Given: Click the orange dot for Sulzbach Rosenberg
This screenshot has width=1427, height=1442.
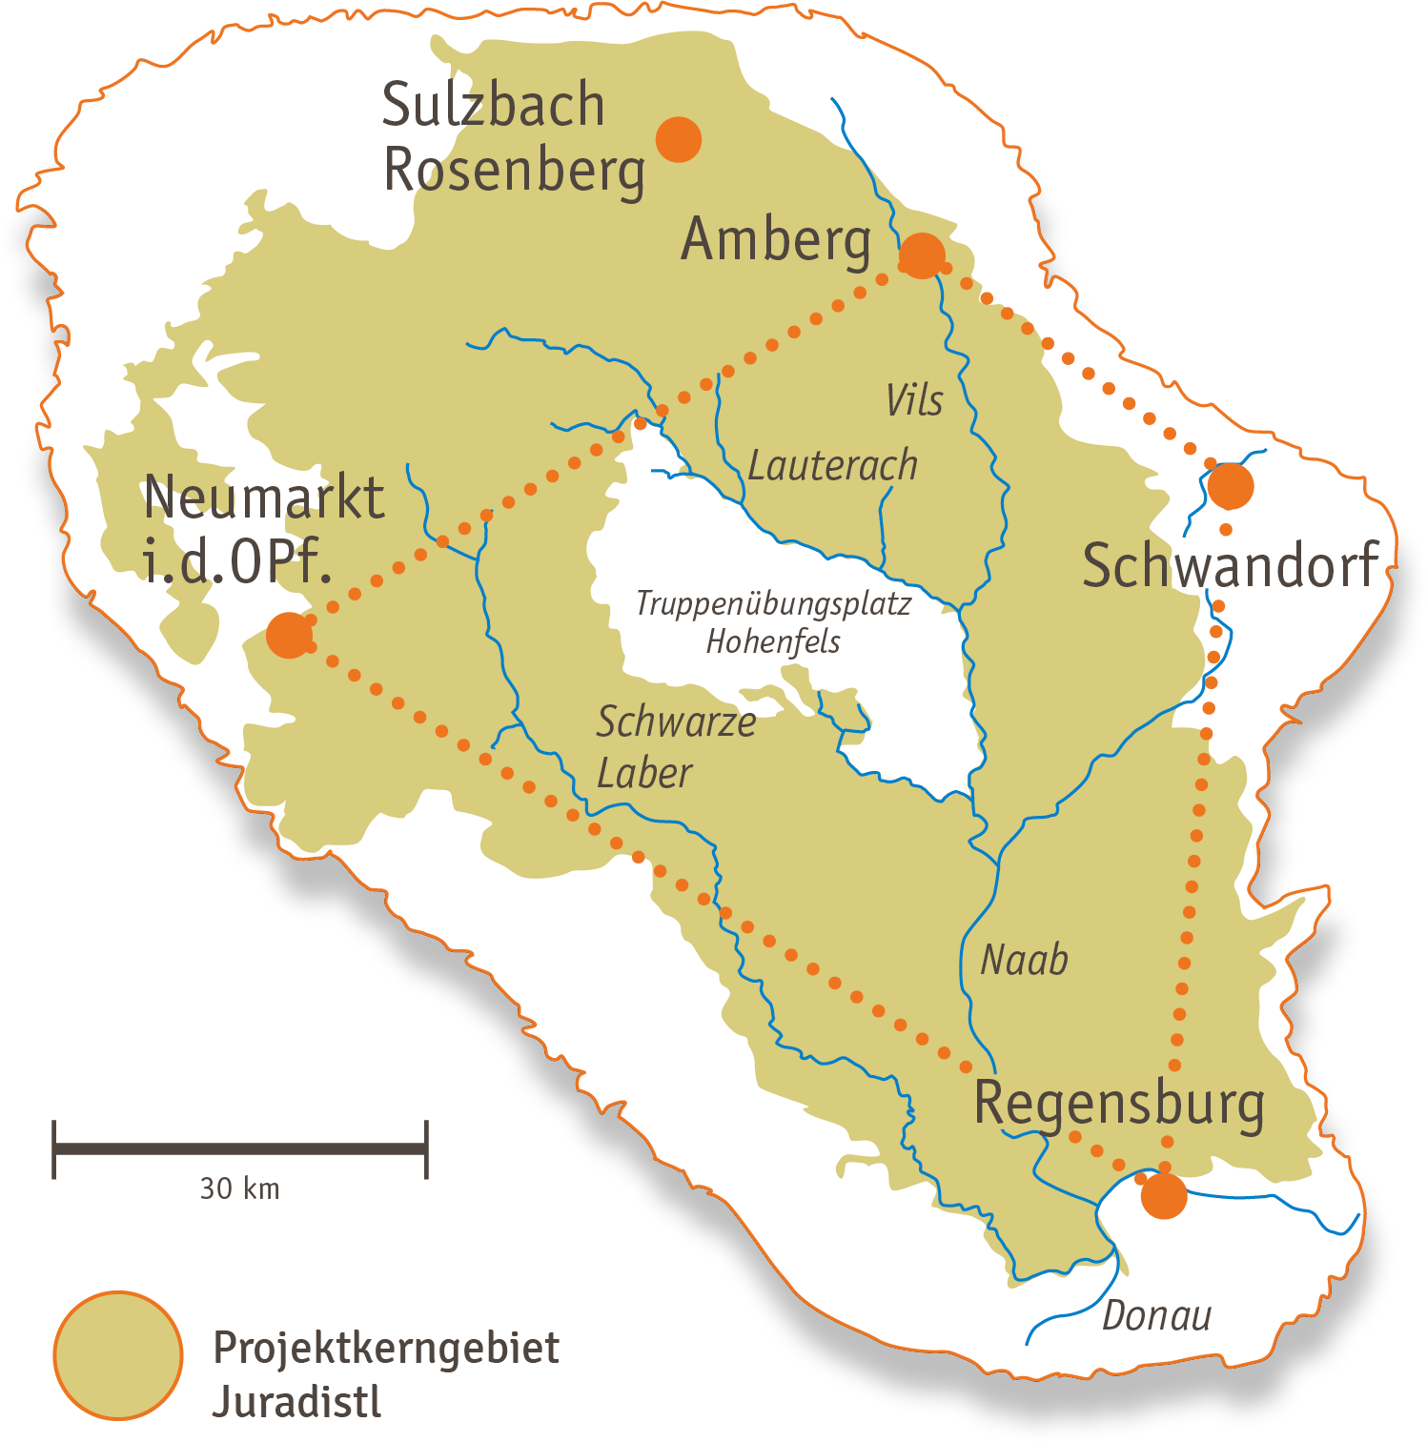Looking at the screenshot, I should (679, 139).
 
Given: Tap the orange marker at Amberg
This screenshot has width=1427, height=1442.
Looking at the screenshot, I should (922, 254).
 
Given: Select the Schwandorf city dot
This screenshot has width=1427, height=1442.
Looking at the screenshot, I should (1231, 486).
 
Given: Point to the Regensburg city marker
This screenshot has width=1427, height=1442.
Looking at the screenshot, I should (1164, 1195).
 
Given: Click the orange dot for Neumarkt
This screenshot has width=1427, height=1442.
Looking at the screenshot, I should (289, 635).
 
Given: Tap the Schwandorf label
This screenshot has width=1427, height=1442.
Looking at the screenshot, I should (1231, 565).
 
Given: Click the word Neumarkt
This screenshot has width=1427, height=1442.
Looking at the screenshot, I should (264, 498).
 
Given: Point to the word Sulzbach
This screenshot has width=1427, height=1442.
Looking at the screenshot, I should (493, 105).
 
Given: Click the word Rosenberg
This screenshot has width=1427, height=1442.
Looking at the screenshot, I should (514, 172).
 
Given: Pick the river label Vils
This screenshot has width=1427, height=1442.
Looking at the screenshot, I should (914, 401).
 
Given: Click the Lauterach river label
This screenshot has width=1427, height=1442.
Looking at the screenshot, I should (832, 466).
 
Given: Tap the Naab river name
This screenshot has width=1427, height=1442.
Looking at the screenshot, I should (1024, 960).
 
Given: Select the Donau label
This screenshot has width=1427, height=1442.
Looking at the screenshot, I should (1156, 1316).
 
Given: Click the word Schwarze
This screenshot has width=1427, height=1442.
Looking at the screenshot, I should (676, 722).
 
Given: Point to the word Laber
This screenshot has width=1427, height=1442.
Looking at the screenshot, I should (643, 773).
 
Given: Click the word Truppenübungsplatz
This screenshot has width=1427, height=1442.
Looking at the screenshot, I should (773, 604).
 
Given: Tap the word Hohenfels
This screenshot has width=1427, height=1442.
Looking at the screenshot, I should (773, 641).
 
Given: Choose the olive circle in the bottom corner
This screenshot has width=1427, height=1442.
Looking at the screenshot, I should (118, 1354).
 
